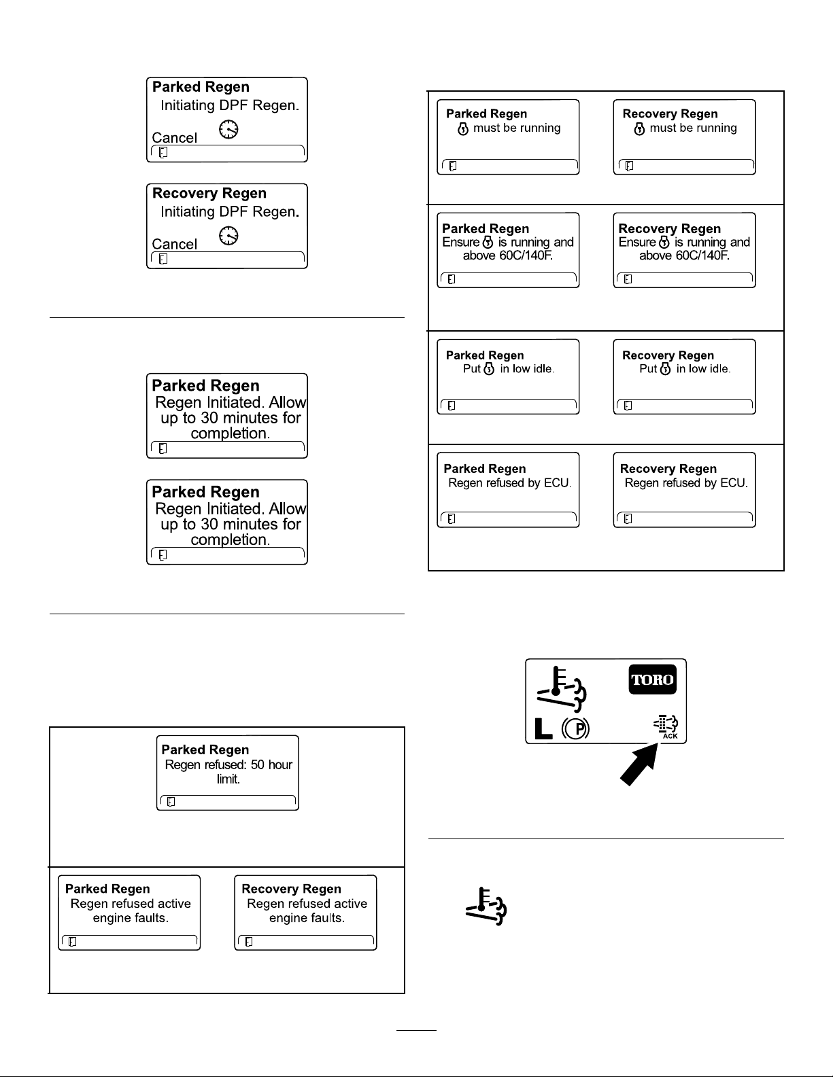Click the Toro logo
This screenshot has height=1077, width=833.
click(x=653, y=679)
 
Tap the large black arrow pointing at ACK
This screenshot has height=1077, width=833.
click(x=640, y=764)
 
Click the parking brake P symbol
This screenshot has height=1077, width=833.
click(x=576, y=728)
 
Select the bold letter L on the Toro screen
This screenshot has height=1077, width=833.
click(x=543, y=728)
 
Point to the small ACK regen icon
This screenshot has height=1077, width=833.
click(x=666, y=726)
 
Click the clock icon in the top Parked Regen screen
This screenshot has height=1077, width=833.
click(x=228, y=129)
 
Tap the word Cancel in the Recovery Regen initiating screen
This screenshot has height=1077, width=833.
click(x=174, y=244)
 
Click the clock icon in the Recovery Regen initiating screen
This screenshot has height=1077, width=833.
click(x=228, y=236)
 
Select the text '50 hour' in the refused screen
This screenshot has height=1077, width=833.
click(x=272, y=764)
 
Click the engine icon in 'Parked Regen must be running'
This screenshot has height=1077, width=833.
click(x=463, y=129)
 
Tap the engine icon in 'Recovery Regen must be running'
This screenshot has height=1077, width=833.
click(x=640, y=129)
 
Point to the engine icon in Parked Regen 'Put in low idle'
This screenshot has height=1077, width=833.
click(x=489, y=369)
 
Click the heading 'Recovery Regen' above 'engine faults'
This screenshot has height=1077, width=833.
click(x=291, y=889)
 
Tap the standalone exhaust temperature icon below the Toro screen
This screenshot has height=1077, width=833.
click(x=486, y=906)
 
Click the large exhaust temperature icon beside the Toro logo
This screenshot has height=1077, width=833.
click(x=562, y=689)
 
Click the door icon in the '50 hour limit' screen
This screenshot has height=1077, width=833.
click(x=171, y=801)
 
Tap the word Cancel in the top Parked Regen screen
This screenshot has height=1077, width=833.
click(x=174, y=138)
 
